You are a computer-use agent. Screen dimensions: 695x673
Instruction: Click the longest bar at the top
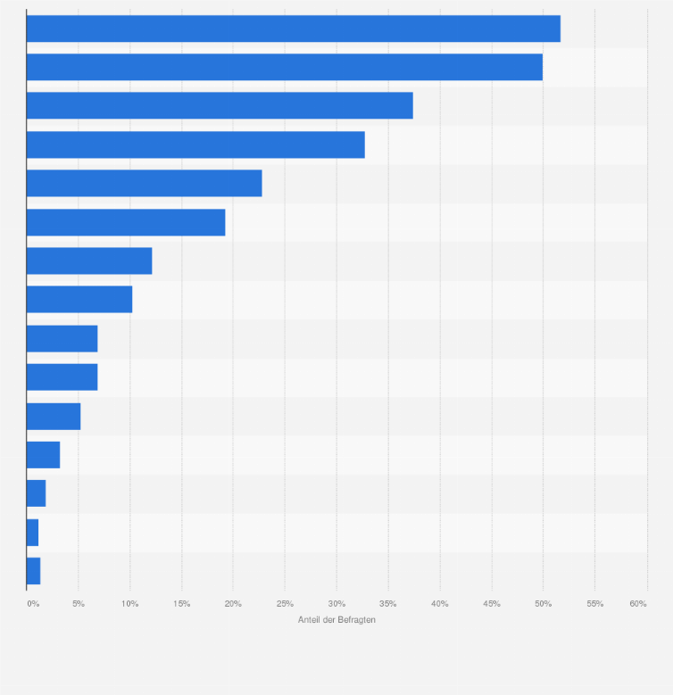pyautogui.click(x=293, y=29)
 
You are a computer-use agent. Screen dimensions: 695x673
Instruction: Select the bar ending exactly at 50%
pyautogui.click(x=284, y=67)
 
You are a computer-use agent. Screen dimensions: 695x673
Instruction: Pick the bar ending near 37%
pyautogui.click(x=220, y=105)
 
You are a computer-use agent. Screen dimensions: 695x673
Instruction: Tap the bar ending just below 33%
pyautogui.click(x=195, y=145)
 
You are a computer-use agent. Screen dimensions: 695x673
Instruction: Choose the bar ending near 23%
pyautogui.click(x=144, y=183)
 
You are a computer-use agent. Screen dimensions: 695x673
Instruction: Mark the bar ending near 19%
pyautogui.click(x=126, y=222)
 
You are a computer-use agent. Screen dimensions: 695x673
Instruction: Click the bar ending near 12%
pyautogui.click(x=89, y=261)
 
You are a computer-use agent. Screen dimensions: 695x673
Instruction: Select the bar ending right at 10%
pyautogui.click(x=79, y=300)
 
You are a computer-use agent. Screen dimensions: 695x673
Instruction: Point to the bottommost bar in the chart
pyautogui.click(x=33, y=571)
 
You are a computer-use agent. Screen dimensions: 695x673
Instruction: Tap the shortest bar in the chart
pyautogui.click(x=32, y=533)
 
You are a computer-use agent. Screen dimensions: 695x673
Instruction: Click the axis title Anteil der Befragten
pyautogui.click(x=336, y=620)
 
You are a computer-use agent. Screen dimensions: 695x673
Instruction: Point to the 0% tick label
pyautogui.click(x=33, y=604)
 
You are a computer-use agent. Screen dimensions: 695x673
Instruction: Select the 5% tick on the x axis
pyautogui.click(x=79, y=604)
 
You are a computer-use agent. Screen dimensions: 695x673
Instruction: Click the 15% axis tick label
pyautogui.click(x=181, y=604)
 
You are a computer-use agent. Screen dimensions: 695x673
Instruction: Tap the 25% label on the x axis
pyautogui.click(x=285, y=604)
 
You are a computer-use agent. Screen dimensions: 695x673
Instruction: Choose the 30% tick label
pyautogui.click(x=336, y=604)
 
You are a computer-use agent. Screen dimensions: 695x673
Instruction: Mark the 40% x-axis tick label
pyautogui.click(x=440, y=604)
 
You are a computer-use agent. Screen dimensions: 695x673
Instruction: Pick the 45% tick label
pyautogui.click(x=492, y=604)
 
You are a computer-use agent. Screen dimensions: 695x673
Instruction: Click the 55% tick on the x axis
pyautogui.click(x=595, y=604)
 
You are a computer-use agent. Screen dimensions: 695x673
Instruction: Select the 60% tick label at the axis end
pyautogui.click(x=637, y=604)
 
